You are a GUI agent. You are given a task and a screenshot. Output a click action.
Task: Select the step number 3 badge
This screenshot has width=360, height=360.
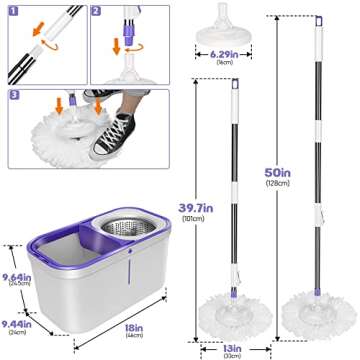click(12, 96)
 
